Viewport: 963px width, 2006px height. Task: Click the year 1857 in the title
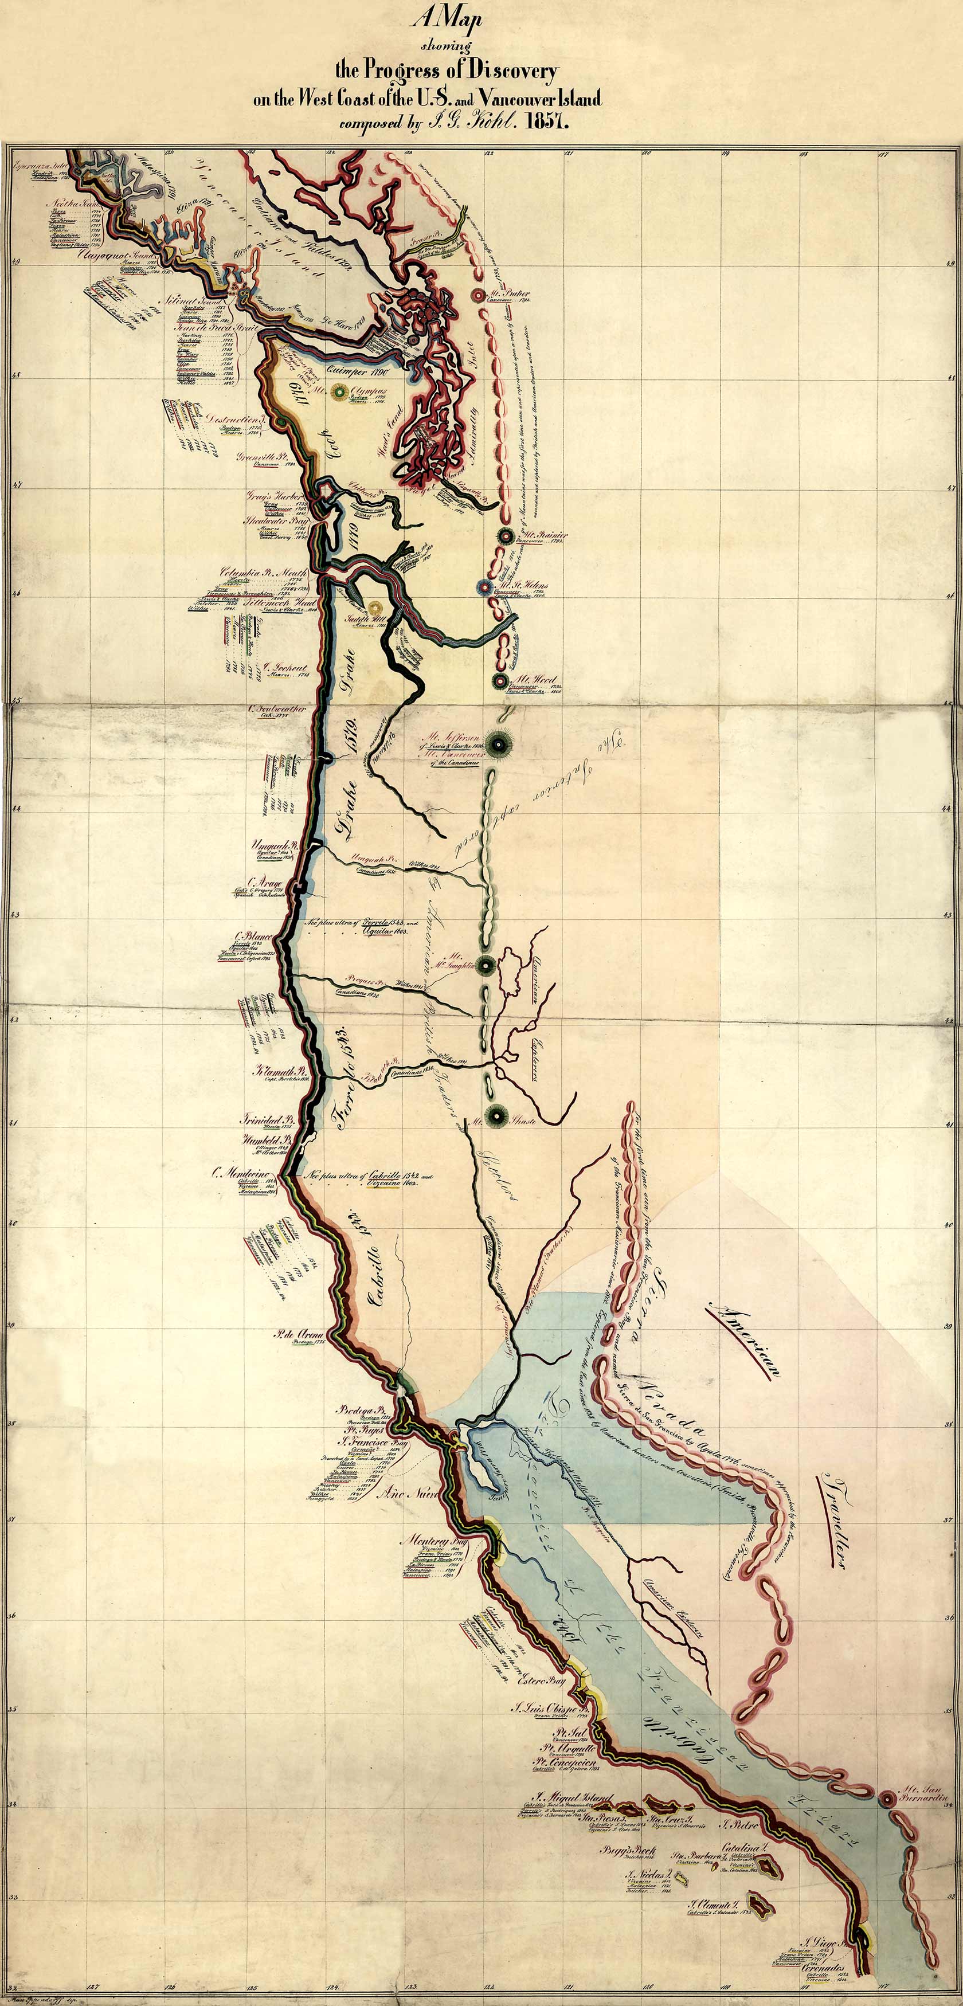tap(549, 122)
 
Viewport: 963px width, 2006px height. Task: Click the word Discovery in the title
tap(510, 72)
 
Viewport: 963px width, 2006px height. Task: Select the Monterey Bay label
tap(433, 1541)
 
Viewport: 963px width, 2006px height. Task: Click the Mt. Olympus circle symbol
tap(339, 393)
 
